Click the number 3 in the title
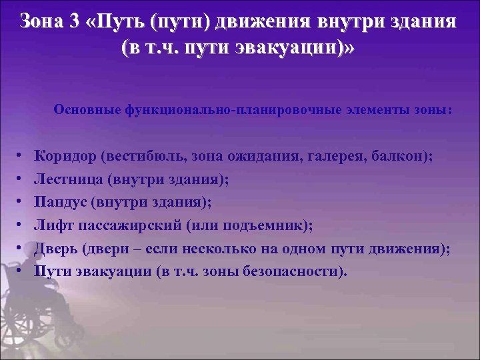pyautogui.click(x=73, y=21)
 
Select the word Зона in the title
pyautogui.click(x=41, y=21)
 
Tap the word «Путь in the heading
pyautogui.click(x=117, y=21)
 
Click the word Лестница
pyautogui.click(x=69, y=179)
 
